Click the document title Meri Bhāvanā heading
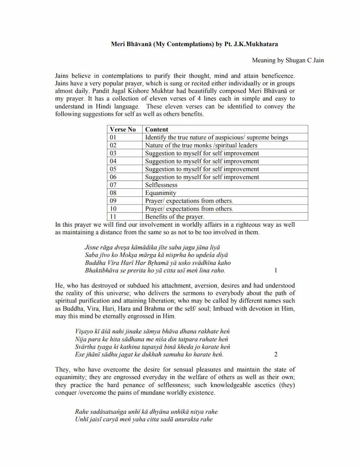point(194,44)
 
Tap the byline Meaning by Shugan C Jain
point(288,60)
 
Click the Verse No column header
point(123,129)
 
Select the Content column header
point(157,129)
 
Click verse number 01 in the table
point(113,137)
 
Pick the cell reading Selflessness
point(161,185)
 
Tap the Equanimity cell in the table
point(161,193)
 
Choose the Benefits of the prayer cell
point(175,217)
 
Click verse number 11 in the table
point(113,217)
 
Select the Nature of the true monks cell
point(201,145)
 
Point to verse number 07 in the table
point(113,185)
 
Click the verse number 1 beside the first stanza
point(276,270)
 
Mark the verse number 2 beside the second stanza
point(276,355)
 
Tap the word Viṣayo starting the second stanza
point(84,331)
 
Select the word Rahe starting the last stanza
point(82,412)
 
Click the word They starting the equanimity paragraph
point(63,369)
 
